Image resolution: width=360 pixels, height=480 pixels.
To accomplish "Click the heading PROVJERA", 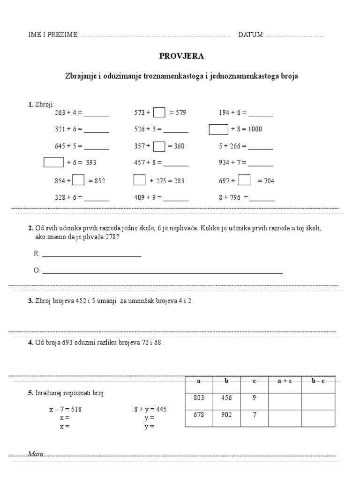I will coord(182,56).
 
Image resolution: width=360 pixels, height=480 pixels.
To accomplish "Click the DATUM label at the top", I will coord(251,35).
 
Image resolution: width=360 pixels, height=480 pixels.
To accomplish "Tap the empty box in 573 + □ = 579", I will coord(159,112).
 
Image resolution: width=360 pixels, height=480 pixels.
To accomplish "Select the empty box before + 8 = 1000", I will coord(218,129).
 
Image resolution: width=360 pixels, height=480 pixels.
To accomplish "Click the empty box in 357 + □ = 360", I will coord(159,146).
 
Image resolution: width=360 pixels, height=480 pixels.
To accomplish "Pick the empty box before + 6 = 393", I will coord(53,162).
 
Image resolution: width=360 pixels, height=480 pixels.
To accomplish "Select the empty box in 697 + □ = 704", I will coord(244,180).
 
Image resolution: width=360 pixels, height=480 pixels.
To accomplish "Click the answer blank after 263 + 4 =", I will coord(96,113).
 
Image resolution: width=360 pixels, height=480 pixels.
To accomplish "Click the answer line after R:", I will coord(91,254).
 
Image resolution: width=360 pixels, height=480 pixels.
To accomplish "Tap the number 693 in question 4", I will coord(67,343).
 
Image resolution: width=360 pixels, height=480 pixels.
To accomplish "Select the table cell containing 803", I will coord(199,398).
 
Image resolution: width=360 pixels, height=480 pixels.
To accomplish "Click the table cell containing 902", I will coord(226,415).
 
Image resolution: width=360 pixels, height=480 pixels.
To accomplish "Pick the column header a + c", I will coord(285,381).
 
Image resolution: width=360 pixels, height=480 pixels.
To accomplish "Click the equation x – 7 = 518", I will coord(65,409).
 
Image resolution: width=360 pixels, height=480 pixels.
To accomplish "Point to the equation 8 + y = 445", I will coord(150,409).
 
